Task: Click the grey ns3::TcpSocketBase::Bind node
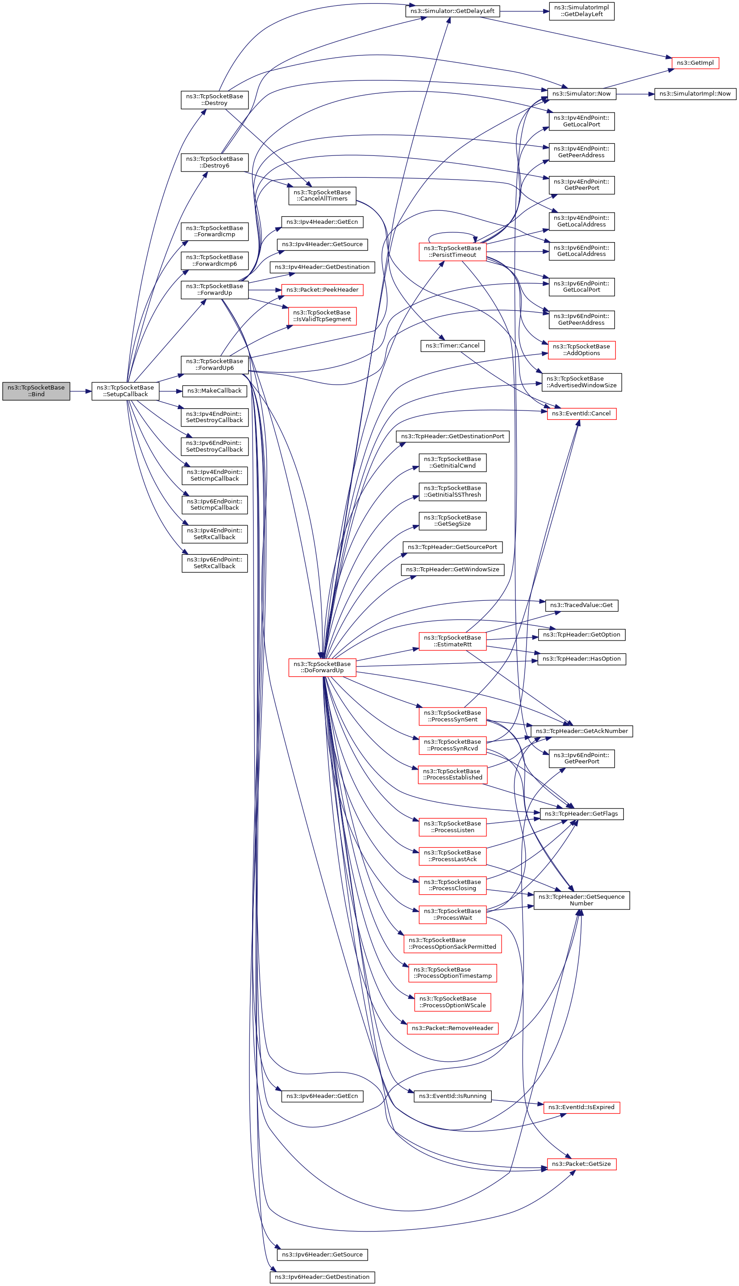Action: click(36, 391)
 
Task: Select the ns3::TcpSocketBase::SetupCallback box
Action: click(125, 391)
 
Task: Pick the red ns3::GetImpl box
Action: click(695, 63)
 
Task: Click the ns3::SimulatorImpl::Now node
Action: click(695, 94)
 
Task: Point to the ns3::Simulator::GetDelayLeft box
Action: click(452, 11)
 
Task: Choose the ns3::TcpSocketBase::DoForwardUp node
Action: click(322, 667)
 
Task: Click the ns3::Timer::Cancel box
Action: click(452, 346)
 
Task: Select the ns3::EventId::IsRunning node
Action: click(452, 1096)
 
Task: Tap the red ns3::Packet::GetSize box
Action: click(581, 1164)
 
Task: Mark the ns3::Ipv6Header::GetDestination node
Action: click(322, 1277)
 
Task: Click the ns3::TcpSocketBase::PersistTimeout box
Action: click(452, 252)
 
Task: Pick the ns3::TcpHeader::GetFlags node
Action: click(581, 814)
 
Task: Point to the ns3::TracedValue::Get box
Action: click(581, 605)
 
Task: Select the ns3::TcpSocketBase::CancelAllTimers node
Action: click(322, 196)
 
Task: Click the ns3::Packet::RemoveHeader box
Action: click(452, 1028)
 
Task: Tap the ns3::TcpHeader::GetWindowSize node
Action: click(452, 570)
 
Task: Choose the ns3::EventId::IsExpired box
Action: click(581, 1107)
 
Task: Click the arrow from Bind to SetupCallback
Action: click(81, 391)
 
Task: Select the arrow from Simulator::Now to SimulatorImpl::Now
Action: click(635, 94)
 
